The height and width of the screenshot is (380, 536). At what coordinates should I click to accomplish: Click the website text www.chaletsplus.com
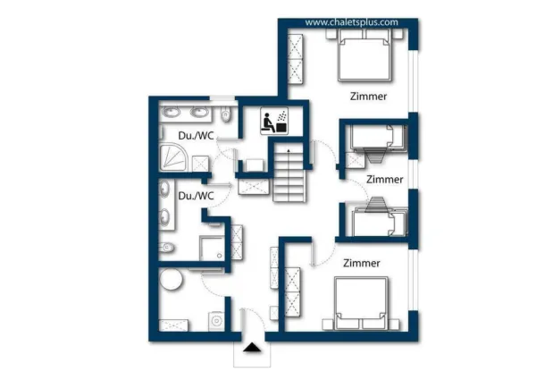pyautogui.click(x=351, y=22)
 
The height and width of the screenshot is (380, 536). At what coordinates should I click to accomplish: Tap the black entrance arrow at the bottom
pyautogui.click(x=252, y=348)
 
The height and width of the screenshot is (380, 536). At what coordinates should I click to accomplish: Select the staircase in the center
pyautogui.click(x=289, y=175)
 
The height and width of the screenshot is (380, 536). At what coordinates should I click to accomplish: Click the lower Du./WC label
pyautogui.click(x=196, y=195)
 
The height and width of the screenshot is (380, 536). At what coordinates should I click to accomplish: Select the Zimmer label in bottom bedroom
pyautogui.click(x=362, y=263)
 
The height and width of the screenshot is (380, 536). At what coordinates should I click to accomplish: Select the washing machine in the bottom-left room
pyautogui.click(x=214, y=319)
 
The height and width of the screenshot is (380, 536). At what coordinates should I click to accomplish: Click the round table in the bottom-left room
pyautogui.click(x=172, y=281)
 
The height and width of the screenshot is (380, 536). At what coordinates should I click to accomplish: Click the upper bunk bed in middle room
pyautogui.click(x=376, y=137)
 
